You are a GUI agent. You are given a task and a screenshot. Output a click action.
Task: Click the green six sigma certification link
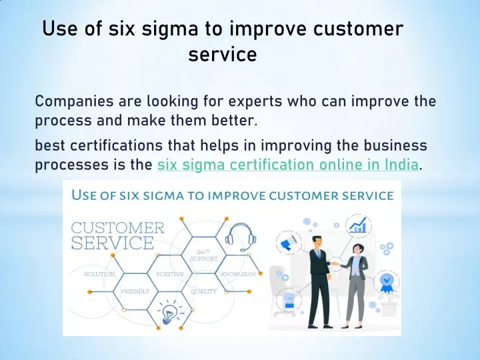coord(288,165)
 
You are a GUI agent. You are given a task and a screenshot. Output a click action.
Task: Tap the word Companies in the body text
coord(74,101)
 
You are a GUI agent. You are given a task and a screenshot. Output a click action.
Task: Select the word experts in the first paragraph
coord(255,101)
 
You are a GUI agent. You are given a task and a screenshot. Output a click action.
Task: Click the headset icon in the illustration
coord(241,237)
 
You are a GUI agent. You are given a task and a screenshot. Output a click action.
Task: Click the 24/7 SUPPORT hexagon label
coord(203,255)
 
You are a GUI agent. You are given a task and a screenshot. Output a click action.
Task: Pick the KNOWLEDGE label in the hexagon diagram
coord(239,274)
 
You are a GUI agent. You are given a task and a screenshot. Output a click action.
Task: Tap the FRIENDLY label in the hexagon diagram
coord(135,291)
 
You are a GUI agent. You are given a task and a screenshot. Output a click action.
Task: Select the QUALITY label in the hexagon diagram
coord(204,291)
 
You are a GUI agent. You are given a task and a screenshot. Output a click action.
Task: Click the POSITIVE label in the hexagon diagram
coord(170,274)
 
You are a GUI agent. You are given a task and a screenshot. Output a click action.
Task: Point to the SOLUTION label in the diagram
coord(99,274)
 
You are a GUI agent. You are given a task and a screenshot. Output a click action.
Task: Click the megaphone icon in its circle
coord(288,242)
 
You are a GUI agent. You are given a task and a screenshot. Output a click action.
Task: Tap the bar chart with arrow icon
coord(358,225)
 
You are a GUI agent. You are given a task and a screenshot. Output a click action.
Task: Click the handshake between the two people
coord(336,263)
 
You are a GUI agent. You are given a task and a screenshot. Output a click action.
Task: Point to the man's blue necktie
coord(319,255)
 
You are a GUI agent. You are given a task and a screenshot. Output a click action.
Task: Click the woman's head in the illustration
coord(357,249)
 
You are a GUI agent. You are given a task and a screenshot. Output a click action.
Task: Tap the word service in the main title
coord(223,54)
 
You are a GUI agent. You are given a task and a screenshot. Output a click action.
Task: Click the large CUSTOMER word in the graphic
coord(118,228)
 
